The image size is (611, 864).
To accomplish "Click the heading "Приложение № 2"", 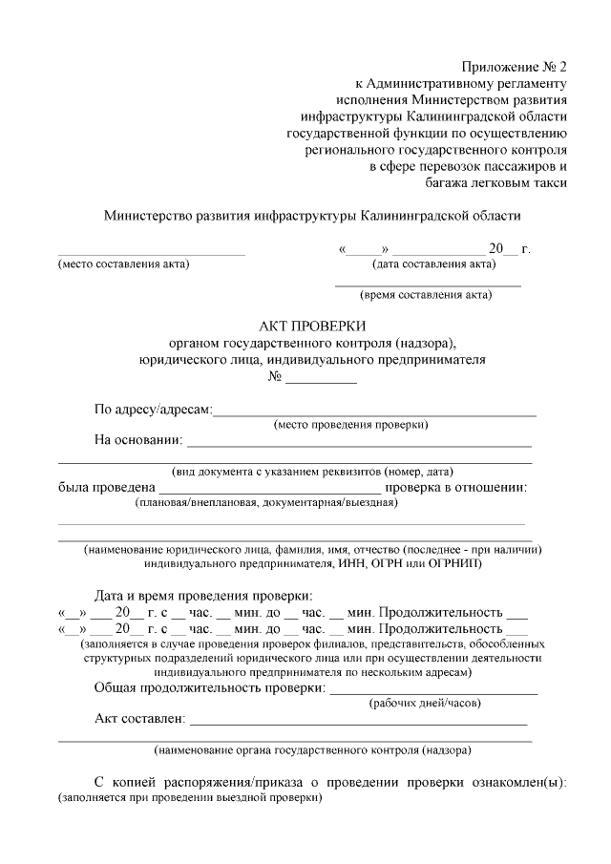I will click(515, 67).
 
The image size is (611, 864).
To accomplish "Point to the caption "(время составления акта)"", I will click(426, 295).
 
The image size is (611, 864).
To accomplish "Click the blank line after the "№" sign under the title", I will click(322, 382).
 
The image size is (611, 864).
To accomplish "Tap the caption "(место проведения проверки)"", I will click(350, 425).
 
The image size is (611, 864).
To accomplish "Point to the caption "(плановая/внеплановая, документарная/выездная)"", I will click(265, 502).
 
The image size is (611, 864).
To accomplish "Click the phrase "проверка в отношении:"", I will click(456, 488).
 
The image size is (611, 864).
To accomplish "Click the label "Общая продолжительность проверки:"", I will click(210, 687).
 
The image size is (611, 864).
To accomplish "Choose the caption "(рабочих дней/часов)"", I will click(425, 704).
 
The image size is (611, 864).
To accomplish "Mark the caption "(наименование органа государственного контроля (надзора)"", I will click(312, 749).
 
